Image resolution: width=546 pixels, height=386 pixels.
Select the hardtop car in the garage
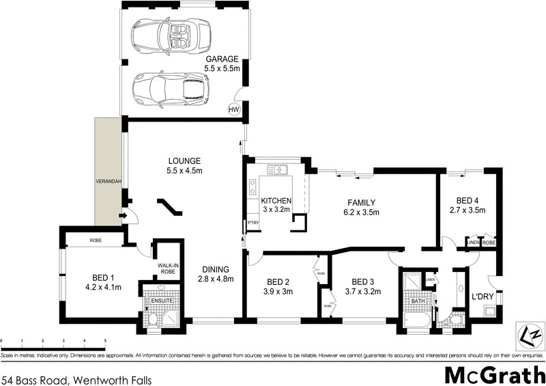[x=162, y=88]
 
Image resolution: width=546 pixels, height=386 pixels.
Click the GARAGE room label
[x=221, y=59]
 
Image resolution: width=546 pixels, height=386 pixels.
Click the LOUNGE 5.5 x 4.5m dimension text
[x=186, y=171]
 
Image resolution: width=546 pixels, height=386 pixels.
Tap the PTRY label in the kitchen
[x=253, y=223]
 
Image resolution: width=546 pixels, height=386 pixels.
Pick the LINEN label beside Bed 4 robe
[x=472, y=242]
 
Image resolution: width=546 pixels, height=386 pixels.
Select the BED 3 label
[x=365, y=281]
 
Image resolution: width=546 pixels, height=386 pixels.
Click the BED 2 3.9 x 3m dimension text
[x=278, y=292]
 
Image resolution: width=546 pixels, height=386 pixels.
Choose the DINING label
[x=215, y=268]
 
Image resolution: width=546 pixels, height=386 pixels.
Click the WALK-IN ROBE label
[x=168, y=268]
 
